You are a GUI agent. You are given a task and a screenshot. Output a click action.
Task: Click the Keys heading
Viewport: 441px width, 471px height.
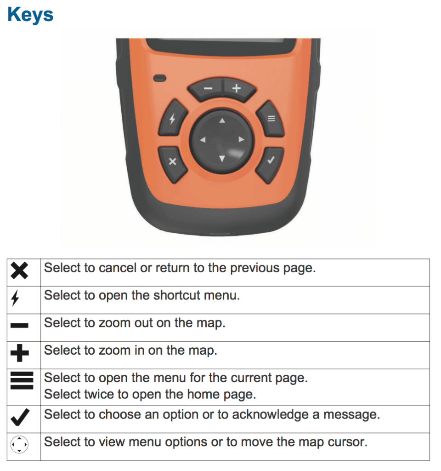(30, 15)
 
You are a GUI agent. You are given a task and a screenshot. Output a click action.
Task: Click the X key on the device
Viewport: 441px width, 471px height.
(173, 161)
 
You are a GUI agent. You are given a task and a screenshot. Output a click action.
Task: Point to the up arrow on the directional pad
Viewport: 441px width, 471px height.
(222, 121)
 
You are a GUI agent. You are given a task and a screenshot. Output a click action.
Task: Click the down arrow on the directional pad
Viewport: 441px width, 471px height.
(222, 159)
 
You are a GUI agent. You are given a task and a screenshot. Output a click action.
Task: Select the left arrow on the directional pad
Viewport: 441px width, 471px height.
(203, 140)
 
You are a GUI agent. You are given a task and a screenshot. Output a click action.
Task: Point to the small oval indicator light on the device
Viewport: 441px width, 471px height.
(160, 77)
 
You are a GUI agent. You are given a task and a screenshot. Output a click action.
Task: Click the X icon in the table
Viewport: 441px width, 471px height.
(19, 271)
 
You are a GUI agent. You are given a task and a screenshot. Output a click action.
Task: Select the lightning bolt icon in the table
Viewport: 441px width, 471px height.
(15, 299)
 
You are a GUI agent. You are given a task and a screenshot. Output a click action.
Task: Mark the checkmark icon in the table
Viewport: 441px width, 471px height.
(19, 418)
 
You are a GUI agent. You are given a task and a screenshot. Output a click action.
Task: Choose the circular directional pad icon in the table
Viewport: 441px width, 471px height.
(19, 445)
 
